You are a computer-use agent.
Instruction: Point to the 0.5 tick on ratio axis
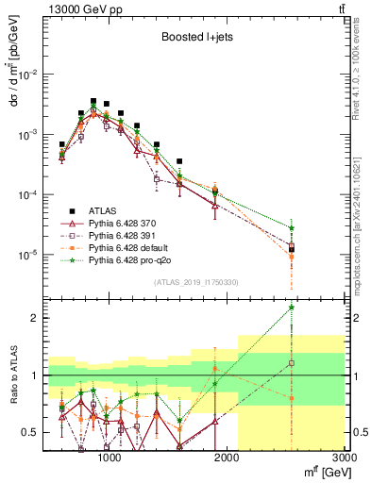[33, 432]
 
